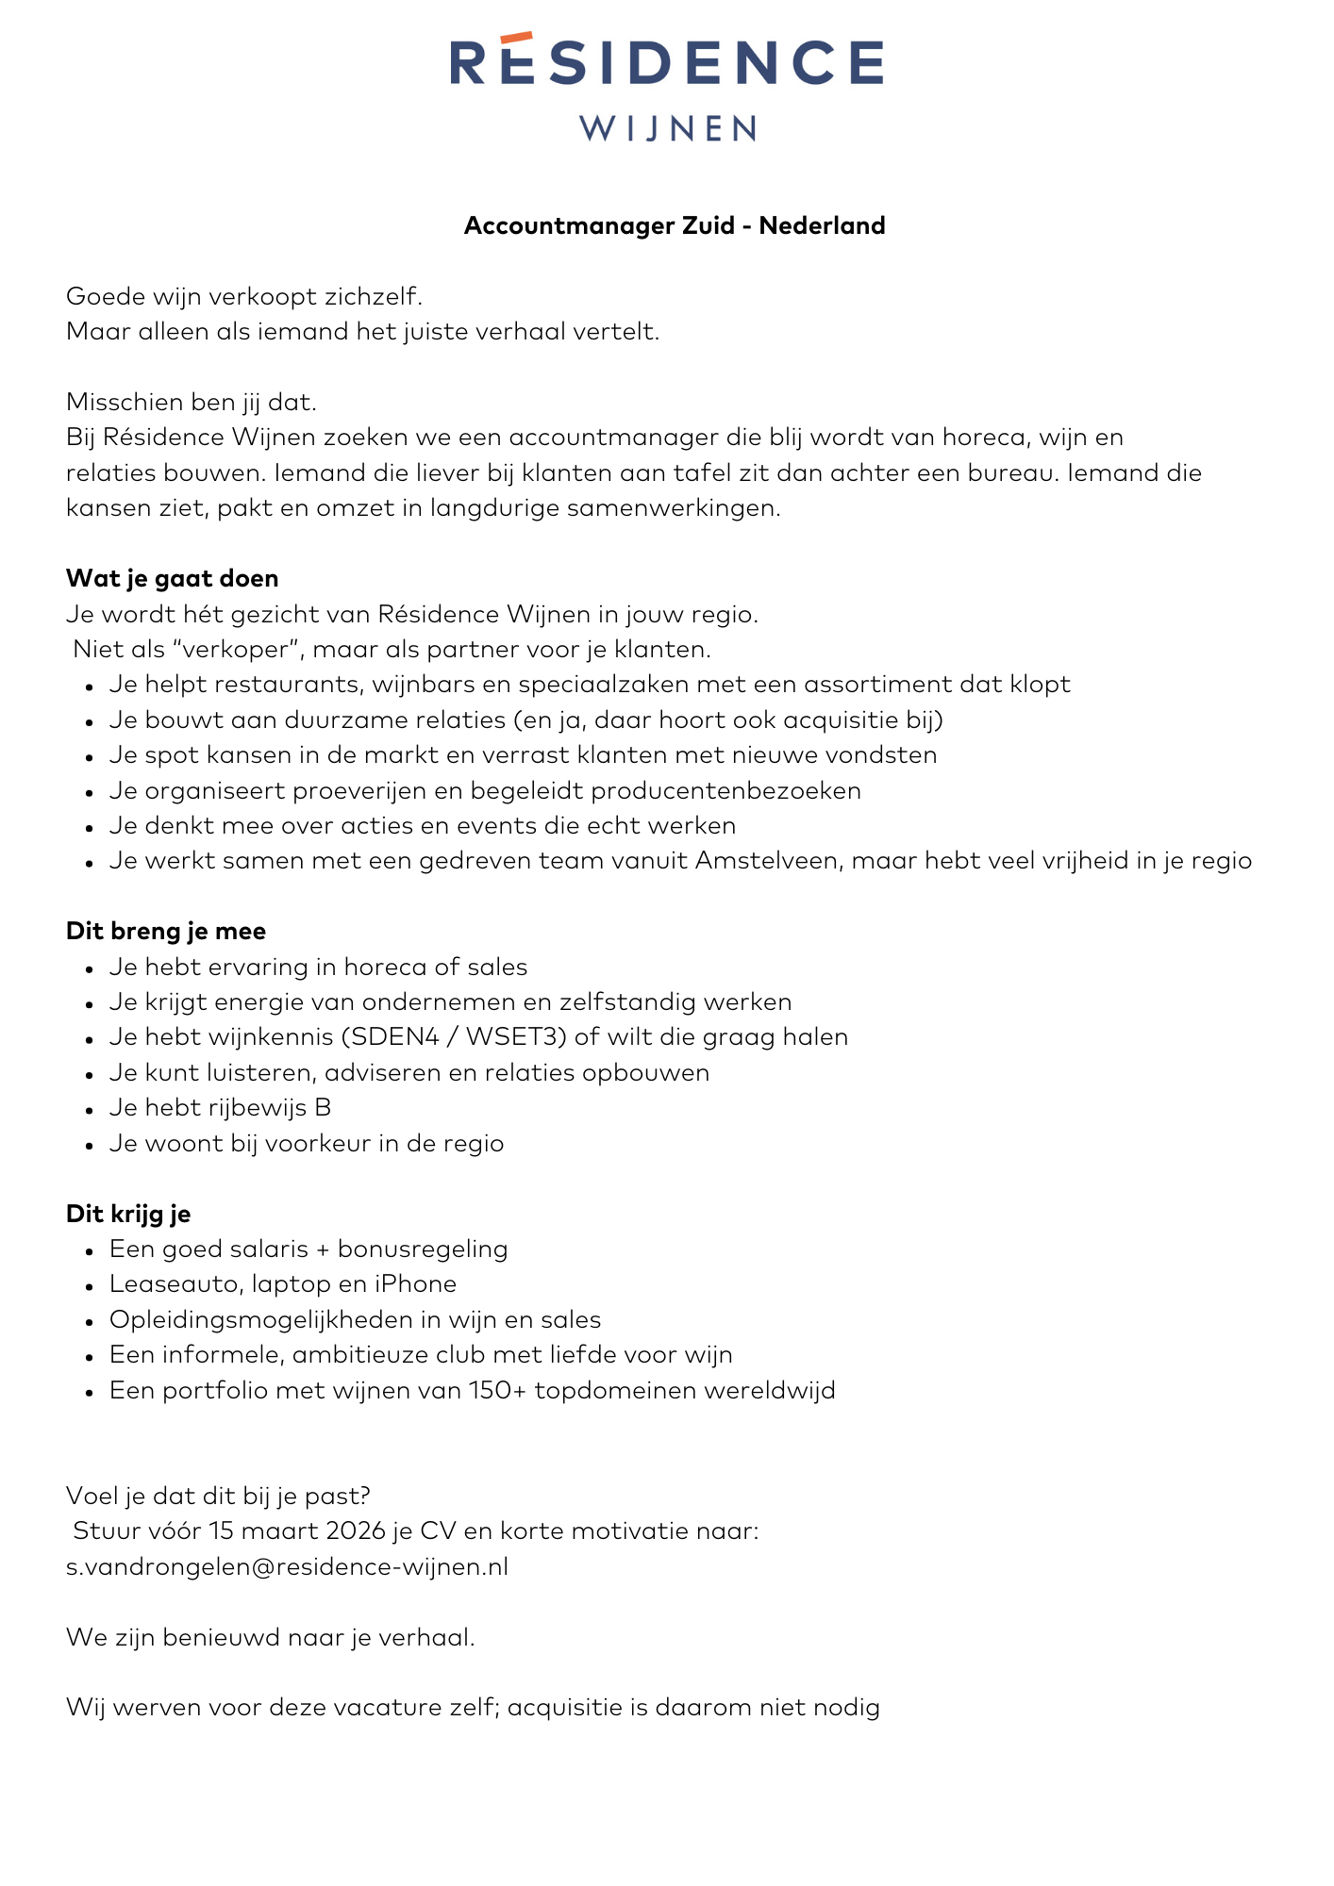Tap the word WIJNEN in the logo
pos(667,128)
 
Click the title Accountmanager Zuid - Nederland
pos(675,225)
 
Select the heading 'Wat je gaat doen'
pos(172,578)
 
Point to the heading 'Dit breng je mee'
pos(166,932)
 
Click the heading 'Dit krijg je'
pos(128,1214)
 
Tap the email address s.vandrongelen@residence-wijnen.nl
pos(288,1567)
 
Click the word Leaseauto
pos(176,1284)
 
